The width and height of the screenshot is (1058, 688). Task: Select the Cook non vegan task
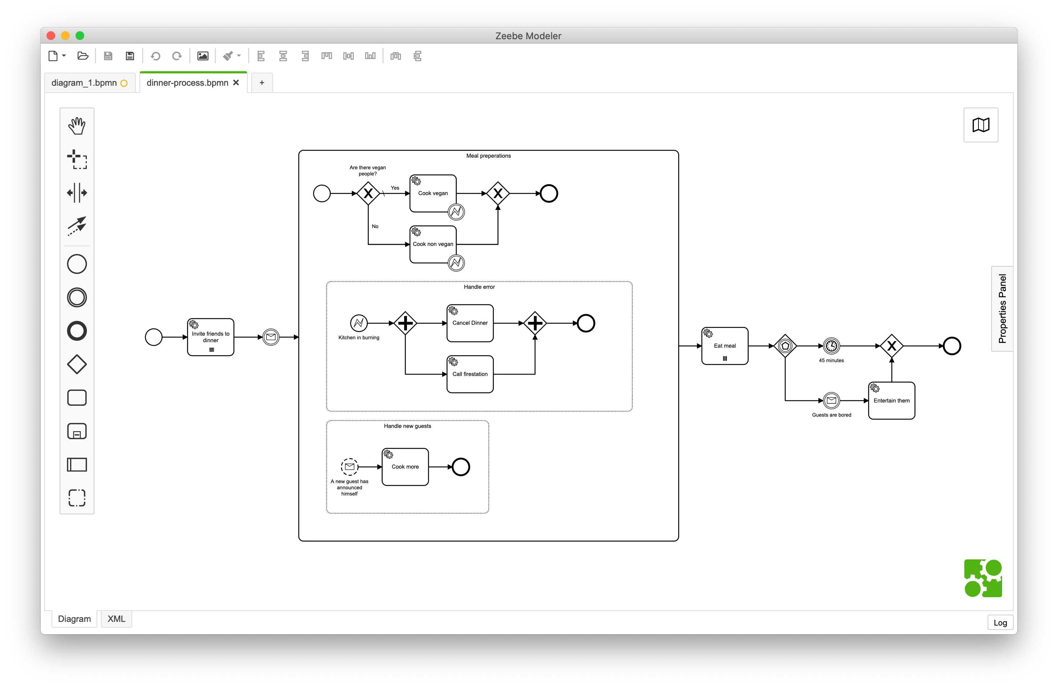(x=432, y=244)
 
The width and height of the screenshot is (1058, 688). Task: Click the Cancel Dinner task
(x=470, y=323)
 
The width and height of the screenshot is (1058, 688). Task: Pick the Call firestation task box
(x=470, y=374)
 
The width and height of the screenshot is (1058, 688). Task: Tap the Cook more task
(x=405, y=467)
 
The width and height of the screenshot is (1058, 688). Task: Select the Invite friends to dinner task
(x=210, y=337)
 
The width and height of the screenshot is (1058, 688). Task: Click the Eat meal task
(x=725, y=346)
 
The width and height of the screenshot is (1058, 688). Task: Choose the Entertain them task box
(x=891, y=401)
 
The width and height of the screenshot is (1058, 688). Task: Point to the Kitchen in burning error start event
(x=359, y=323)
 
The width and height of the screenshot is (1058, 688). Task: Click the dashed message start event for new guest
(x=349, y=467)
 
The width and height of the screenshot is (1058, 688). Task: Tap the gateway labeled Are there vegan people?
(x=368, y=194)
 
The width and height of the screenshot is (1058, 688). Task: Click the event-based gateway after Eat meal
(x=785, y=346)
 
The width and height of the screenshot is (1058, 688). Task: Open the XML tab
(x=117, y=619)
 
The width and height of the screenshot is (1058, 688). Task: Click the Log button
(x=1000, y=623)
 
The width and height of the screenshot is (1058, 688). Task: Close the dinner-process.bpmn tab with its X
(x=236, y=83)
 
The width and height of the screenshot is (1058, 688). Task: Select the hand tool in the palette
(x=77, y=126)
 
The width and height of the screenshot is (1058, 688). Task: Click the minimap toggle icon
(x=981, y=125)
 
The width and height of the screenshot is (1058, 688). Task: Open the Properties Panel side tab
(x=1002, y=309)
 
